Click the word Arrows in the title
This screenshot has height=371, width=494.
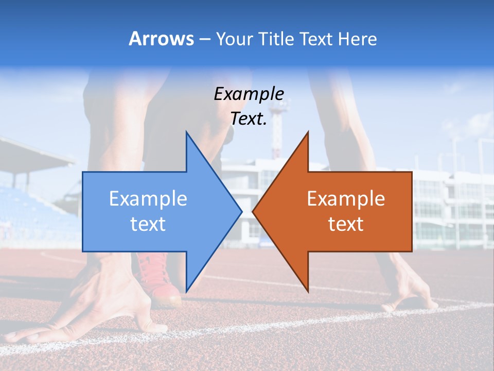click(161, 39)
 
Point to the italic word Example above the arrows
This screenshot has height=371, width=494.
click(249, 94)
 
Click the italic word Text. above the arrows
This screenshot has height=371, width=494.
click(249, 119)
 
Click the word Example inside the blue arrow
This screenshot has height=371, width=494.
click(148, 198)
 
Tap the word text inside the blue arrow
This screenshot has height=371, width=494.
click(148, 224)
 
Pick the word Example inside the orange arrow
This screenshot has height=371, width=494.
click(346, 198)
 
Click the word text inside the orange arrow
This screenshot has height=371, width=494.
click(346, 224)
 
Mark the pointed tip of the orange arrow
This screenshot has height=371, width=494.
click(254, 211)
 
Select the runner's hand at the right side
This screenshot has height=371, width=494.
click(412, 294)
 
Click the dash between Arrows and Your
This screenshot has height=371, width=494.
click(204, 39)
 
